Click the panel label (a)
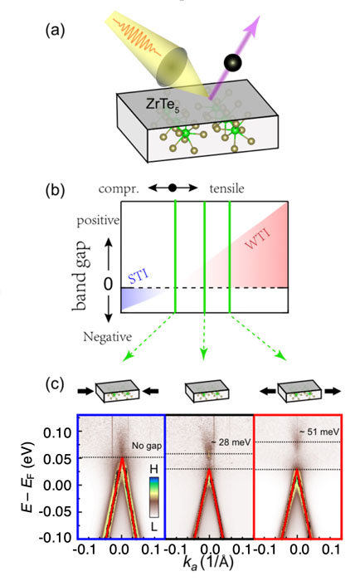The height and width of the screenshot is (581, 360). point(55,31)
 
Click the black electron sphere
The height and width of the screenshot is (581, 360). point(232,62)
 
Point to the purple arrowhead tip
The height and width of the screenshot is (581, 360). point(260,16)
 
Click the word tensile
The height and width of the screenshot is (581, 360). point(226,188)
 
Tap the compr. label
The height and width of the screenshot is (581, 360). point(119,189)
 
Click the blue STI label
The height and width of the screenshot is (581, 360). point(139,276)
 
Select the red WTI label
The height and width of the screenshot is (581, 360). point(257,239)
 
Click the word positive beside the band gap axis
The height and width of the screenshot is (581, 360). point(98,221)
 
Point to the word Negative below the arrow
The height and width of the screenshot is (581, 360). point(107,337)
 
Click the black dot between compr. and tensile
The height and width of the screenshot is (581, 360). point(173,188)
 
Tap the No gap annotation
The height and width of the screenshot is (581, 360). point(147,446)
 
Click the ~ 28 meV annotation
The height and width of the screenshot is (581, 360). point(231,442)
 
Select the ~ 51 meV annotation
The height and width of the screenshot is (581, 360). point(319,432)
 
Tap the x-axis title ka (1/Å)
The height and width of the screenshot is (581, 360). point(208,563)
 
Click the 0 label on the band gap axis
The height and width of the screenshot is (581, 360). point(108,284)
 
